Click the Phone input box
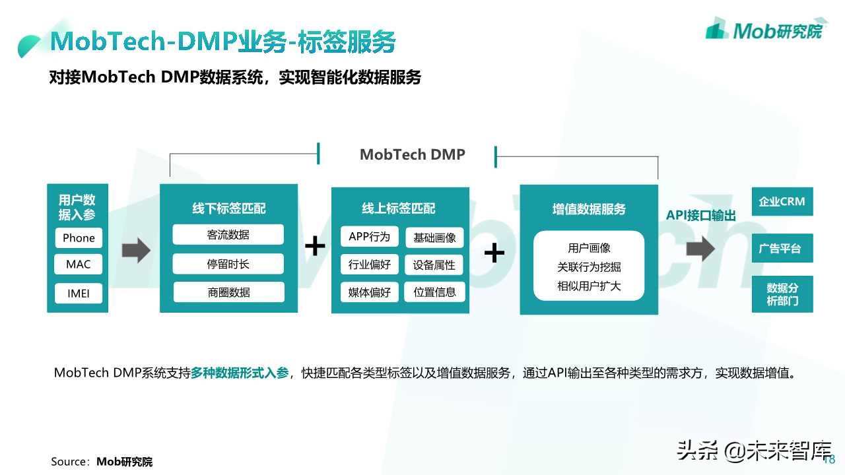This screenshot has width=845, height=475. [x=79, y=238]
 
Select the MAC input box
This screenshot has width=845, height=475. [x=79, y=265]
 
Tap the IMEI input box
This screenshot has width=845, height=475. [x=79, y=293]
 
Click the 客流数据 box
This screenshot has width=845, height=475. [x=228, y=235]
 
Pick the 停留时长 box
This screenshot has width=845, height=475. [x=228, y=264]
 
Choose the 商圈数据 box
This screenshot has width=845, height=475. [x=228, y=292]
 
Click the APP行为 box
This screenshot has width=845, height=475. [x=369, y=237]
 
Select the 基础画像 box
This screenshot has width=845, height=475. [x=434, y=237]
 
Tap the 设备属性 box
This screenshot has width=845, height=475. [x=434, y=265]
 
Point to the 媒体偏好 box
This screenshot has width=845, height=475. [x=369, y=292]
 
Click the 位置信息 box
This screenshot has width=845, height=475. [x=434, y=292]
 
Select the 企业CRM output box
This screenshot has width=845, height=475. [x=782, y=201]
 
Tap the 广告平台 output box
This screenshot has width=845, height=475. [x=782, y=249]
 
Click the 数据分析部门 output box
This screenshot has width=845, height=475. [x=782, y=294]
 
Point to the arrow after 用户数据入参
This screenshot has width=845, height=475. [x=136, y=251]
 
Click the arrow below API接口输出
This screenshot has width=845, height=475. [x=700, y=249]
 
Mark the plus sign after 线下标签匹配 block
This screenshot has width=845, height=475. [x=315, y=247]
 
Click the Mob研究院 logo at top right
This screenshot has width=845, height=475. [x=764, y=30]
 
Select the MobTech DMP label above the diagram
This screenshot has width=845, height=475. [x=413, y=154]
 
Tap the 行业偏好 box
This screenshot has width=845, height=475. [x=369, y=265]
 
